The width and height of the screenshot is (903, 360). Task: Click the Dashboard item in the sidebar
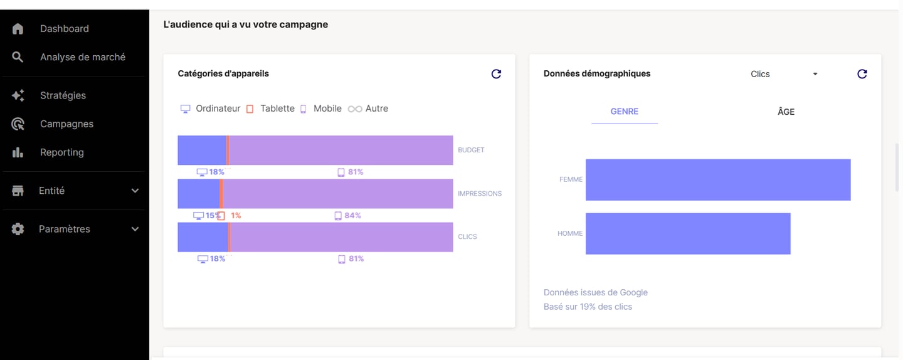(x=64, y=29)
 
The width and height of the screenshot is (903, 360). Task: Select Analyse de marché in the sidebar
(x=82, y=57)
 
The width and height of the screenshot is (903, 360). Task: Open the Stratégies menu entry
(x=63, y=95)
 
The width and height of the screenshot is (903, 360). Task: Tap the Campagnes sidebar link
(x=66, y=124)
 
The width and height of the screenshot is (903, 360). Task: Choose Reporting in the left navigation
(x=61, y=152)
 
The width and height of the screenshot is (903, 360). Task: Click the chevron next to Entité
(x=135, y=191)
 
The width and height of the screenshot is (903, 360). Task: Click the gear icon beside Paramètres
(x=18, y=230)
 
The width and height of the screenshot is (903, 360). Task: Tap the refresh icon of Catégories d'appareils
(x=496, y=74)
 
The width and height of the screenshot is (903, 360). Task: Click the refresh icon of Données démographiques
(x=862, y=74)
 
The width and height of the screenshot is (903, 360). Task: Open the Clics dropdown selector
(x=784, y=74)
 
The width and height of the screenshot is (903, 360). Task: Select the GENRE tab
(x=624, y=112)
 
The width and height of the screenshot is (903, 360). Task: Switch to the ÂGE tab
(x=786, y=112)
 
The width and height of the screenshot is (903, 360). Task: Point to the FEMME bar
(x=718, y=180)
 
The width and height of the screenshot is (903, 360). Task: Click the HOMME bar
(x=688, y=234)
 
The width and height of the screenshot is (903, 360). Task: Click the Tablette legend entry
(x=270, y=109)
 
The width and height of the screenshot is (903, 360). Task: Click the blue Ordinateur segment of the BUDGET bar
(x=201, y=151)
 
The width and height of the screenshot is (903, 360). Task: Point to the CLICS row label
(x=467, y=237)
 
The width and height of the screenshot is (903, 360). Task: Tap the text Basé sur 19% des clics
(x=588, y=307)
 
